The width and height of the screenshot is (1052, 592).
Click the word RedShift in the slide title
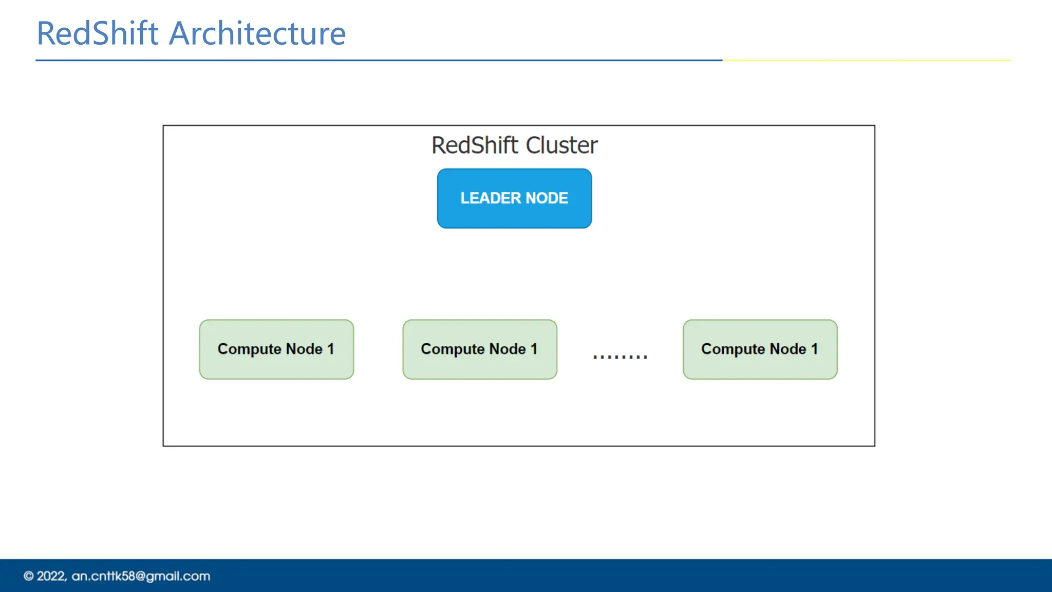[98, 34]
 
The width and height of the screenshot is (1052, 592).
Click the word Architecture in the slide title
[257, 34]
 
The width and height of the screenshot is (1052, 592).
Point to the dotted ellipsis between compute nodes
[620, 356]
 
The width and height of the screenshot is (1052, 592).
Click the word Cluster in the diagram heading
[561, 145]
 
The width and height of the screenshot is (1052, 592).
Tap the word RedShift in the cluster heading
[475, 145]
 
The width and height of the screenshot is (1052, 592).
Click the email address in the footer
[141, 577]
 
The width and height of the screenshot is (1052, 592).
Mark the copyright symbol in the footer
[29, 577]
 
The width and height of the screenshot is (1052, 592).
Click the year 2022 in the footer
[51, 577]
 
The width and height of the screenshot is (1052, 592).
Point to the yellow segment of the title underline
[866, 61]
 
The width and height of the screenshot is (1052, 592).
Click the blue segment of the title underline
[379, 61]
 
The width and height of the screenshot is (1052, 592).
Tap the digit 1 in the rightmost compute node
[814, 349]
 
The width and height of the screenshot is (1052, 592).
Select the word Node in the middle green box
[508, 349]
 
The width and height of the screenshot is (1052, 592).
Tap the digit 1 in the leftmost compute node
[330, 349]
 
